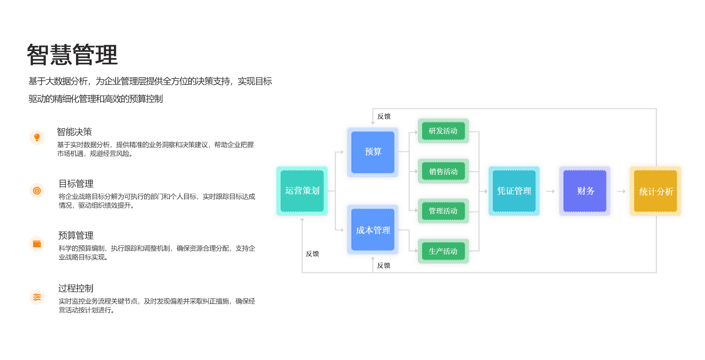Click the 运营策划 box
pos(302,191)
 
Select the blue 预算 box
pos(373,152)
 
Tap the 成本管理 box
pos(373,230)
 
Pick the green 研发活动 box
pos(443,131)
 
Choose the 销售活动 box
pos(443,171)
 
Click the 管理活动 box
pos(443,211)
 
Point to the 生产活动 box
pos(443,251)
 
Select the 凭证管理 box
pos(514,191)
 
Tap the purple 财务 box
pos(585,191)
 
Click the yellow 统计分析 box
pos(655,191)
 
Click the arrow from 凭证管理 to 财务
pos(550,191)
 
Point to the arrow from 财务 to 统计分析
pos(621,191)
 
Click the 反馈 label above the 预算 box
pos(384,116)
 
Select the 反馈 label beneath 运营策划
pos(312,254)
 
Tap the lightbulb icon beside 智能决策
pos(37,137)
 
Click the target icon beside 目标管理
pos(37,191)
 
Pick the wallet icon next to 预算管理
pos(37,244)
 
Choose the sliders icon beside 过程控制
pos(37,297)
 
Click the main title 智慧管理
pos(72,55)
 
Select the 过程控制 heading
pos(76,288)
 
